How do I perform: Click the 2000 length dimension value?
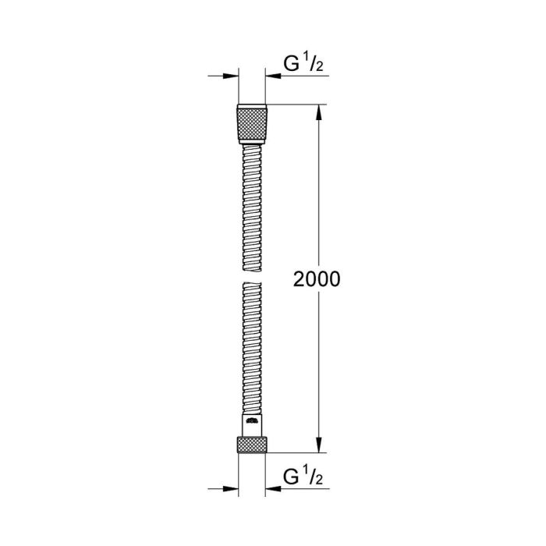(317, 279)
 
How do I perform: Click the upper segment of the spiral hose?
(251, 203)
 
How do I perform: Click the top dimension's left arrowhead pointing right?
(229, 76)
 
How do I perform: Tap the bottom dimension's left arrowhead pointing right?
(229, 488)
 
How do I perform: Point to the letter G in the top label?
(292, 65)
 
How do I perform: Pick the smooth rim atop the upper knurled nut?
(251, 105)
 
